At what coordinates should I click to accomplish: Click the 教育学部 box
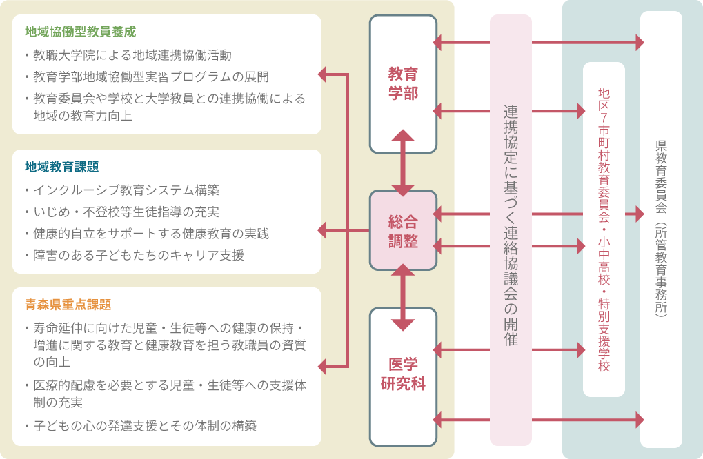[403, 83]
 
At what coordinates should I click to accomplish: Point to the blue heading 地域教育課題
[62, 167]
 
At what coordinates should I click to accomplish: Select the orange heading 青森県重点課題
[68, 304]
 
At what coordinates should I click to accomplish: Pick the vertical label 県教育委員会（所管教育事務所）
[661, 228]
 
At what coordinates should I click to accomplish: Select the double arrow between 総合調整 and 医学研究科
[403, 297]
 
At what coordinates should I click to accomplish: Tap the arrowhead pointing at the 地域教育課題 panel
[323, 229]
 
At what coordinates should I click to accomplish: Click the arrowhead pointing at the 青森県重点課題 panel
[323, 365]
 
